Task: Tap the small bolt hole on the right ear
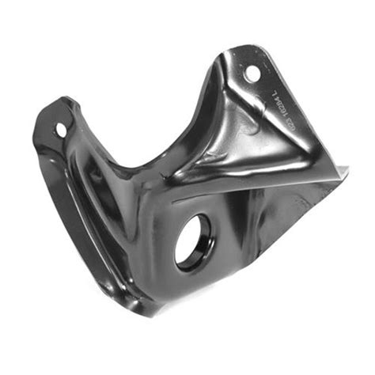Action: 252,74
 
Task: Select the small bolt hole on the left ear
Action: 60,128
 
